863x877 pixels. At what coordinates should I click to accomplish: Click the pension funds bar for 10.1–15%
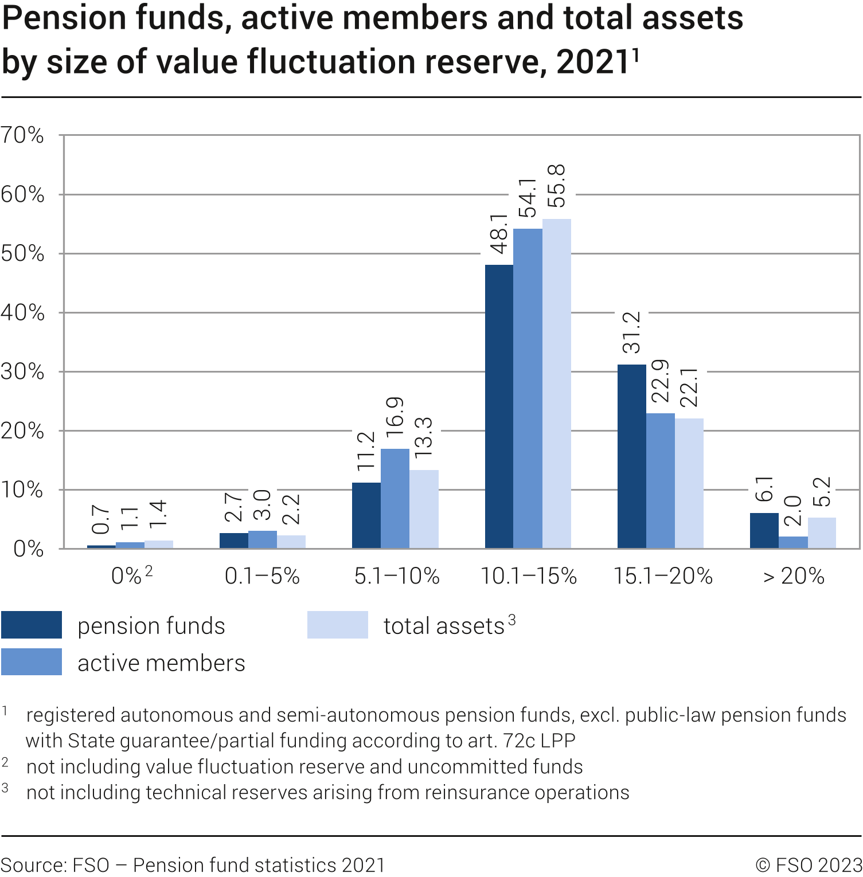499,406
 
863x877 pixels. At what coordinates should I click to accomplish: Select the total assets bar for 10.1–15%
556,383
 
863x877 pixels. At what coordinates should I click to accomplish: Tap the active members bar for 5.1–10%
395,498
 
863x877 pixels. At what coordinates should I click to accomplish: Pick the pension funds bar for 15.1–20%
631,456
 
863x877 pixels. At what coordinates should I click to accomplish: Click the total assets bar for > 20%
822,533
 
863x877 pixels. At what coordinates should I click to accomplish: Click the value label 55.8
556,186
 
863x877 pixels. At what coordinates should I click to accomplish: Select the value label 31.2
631,332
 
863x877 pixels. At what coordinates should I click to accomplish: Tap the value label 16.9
395,417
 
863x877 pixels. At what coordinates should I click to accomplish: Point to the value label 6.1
764,489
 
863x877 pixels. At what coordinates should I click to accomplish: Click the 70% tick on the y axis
22,135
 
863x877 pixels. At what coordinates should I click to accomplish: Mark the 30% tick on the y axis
22,371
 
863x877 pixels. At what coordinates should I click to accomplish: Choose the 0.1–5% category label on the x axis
262,576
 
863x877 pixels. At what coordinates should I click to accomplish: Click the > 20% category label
794,576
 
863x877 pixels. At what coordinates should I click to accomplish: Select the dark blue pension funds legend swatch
32,625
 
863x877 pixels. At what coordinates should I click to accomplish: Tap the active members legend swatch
32,661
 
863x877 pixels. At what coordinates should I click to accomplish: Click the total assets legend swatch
337,625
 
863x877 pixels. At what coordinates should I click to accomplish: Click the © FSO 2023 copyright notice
809,865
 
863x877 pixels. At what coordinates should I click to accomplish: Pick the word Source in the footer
32,865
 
